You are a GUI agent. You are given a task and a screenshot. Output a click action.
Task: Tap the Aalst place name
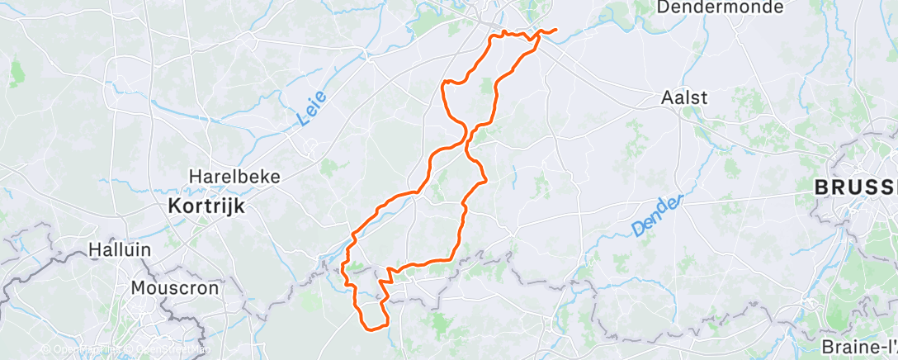click(x=685, y=97)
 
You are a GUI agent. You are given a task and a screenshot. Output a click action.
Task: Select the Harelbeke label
click(x=235, y=177)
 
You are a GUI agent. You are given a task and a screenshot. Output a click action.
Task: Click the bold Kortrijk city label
click(x=206, y=206)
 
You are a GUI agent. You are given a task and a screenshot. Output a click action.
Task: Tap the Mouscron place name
click(x=174, y=289)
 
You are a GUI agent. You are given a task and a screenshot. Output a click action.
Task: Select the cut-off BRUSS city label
click(x=856, y=188)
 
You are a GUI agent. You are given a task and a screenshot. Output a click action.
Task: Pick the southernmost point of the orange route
click(x=373, y=329)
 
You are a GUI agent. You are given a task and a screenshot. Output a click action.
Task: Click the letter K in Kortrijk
click(x=173, y=206)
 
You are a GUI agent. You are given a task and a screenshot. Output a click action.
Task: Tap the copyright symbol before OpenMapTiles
click(x=46, y=350)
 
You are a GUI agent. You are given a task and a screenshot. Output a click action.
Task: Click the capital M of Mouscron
click(x=137, y=289)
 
